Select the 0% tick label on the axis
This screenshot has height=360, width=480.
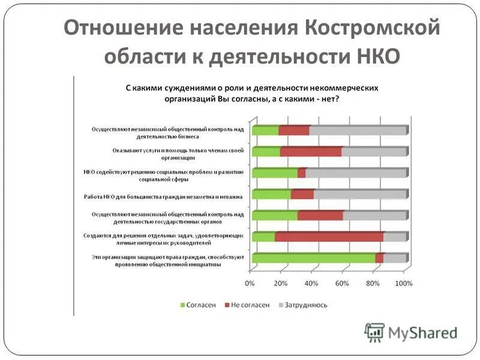click(250, 283)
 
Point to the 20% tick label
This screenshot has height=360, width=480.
click(280, 283)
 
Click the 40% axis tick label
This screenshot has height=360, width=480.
click(311, 283)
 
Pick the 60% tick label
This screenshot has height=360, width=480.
click(342, 283)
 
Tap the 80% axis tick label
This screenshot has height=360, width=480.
click(373, 283)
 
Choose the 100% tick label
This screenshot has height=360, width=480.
click(403, 283)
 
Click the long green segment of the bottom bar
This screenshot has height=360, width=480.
click(313, 259)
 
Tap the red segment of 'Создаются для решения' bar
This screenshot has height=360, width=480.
click(329, 237)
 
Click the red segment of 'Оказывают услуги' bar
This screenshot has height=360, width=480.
click(310, 152)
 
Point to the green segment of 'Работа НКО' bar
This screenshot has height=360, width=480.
click(271, 194)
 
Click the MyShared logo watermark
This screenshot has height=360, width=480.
click(412, 332)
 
